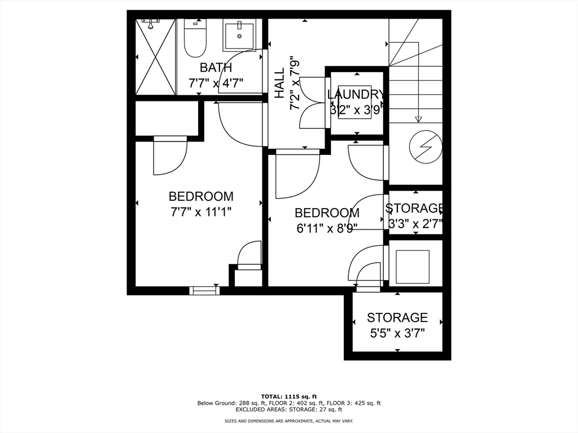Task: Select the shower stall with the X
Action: [x=156, y=57]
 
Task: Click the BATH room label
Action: [x=216, y=68]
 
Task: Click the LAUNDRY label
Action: [x=357, y=95]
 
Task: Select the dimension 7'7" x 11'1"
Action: [x=201, y=212]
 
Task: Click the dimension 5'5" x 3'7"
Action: [x=397, y=333]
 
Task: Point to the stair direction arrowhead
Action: [x=418, y=119]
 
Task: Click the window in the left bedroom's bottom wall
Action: [x=204, y=290]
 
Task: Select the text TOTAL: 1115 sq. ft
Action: [x=288, y=396]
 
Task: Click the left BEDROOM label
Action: [x=201, y=196]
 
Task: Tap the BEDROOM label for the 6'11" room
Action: [x=327, y=213]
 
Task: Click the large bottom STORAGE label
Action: [x=397, y=317]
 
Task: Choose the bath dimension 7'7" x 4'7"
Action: [x=216, y=83]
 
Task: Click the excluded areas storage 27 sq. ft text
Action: [x=288, y=410]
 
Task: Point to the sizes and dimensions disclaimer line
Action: [x=288, y=422]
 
